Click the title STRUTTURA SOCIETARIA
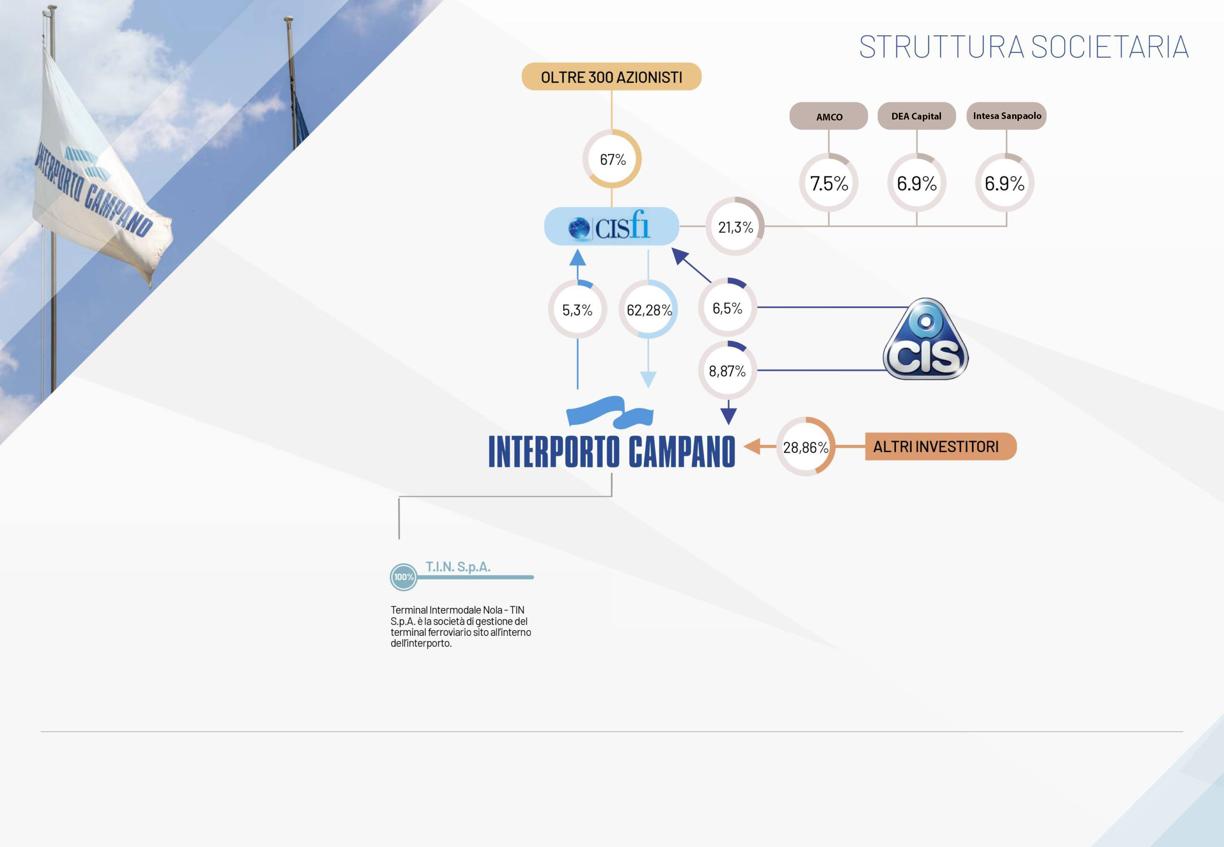pyautogui.click(x=1023, y=47)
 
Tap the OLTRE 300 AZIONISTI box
pyautogui.click(x=612, y=77)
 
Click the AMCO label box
pyautogui.click(x=829, y=116)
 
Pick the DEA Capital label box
pyautogui.click(x=917, y=116)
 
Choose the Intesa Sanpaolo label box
pyautogui.click(x=1006, y=116)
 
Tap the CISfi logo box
pyautogui.click(x=612, y=227)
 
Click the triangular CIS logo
pyautogui.click(x=926, y=340)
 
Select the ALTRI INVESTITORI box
pyautogui.click(x=940, y=447)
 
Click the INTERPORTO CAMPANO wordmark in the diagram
pyautogui.click(x=612, y=452)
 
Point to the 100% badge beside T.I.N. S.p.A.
pyautogui.click(x=404, y=577)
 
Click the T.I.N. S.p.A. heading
pyautogui.click(x=458, y=567)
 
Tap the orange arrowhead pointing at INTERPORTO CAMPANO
pyautogui.click(x=752, y=447)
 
